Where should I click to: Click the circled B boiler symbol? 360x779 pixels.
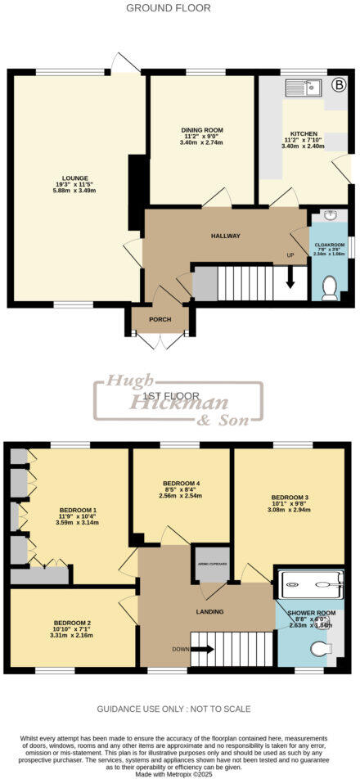pyautogui.click(x=339, y=83)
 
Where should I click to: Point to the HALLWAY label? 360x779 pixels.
pyautogui.click(x=226, y=236)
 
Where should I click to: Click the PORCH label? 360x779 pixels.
pyautogui.click(x=160, y=319)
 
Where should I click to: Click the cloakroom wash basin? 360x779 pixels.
pyautogui.click(x=330, y=216)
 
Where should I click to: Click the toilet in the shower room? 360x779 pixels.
pyautogui.click(x=320, y=649)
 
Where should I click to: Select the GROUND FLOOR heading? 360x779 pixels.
pyautogui.click(x=169, y=8)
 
